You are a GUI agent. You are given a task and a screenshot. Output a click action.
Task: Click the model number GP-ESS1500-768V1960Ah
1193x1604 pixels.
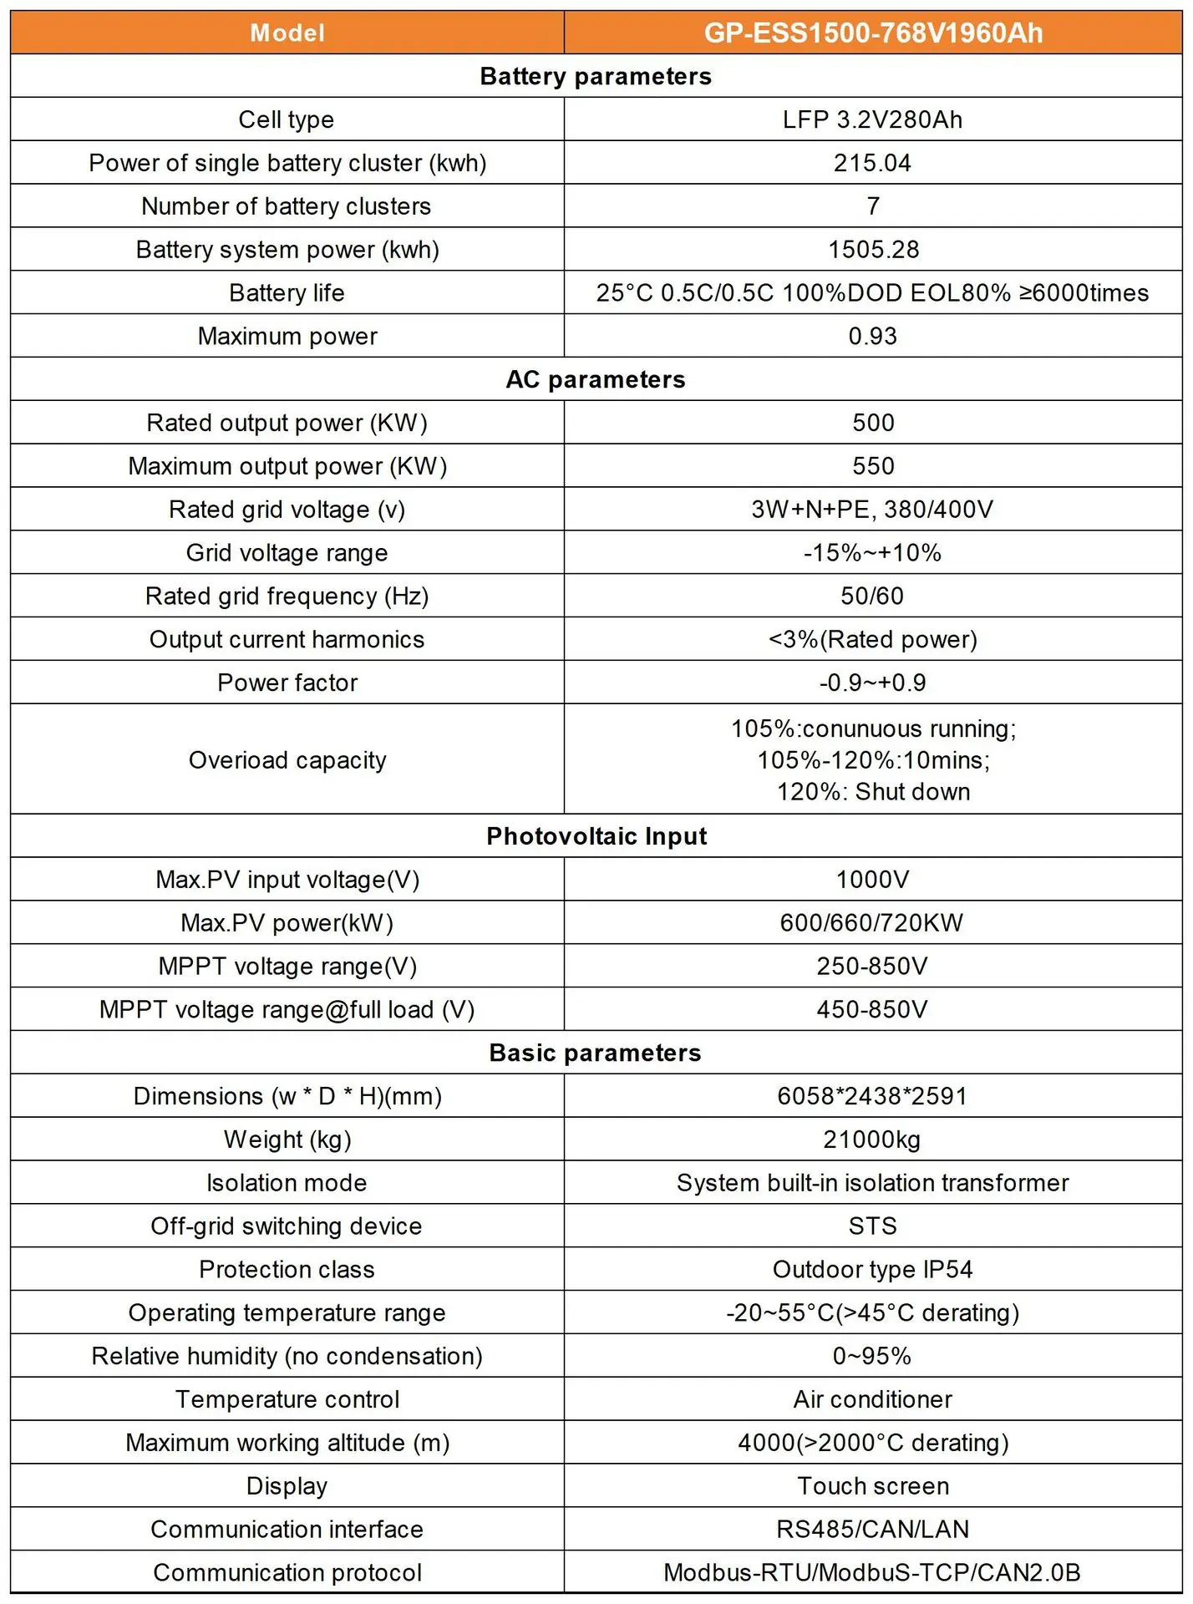click(x=873, y=33)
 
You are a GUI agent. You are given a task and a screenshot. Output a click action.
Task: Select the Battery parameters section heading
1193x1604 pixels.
click(x=596, y=76)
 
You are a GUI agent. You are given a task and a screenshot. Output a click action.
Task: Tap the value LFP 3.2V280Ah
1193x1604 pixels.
click(x=872, y=119)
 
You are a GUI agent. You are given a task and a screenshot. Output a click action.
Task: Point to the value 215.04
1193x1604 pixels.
click(x=872, y=163)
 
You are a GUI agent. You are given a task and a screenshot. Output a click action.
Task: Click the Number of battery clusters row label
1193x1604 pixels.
click(x=286, y=206)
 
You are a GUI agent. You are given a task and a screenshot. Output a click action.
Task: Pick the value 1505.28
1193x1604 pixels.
click(x=873, y=250)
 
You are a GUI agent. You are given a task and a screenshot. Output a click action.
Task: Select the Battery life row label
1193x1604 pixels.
click(x=287, y=293)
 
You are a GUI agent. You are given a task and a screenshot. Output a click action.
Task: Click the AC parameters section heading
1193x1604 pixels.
click(x=596, y=379)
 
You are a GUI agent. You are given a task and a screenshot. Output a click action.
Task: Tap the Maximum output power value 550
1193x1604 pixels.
click(x=873, y=466)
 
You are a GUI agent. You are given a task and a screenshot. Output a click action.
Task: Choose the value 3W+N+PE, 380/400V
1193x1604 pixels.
click(x=872, y=510)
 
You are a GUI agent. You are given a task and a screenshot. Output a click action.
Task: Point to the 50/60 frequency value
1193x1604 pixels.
click(x=872, y=596)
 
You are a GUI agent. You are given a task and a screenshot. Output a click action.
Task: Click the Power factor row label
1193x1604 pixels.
click(x=287, y=683)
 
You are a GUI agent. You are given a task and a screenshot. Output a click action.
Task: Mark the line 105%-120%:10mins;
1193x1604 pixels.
click(x=873, y=760)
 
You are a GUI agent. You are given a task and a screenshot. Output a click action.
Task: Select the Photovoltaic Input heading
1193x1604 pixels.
click(x=596, y=836)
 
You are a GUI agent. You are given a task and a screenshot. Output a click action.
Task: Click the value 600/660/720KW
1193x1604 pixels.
click(x=872, y=923)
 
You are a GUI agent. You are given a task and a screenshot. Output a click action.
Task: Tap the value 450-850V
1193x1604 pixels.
click(x=872, y=1010)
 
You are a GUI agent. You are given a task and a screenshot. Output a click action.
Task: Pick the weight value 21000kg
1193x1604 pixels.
click(x=872, y=1140)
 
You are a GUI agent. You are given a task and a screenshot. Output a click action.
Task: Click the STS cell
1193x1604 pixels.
click(x=872, y=1226)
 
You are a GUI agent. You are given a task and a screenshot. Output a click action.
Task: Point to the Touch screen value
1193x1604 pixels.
click(x=873, y=1486)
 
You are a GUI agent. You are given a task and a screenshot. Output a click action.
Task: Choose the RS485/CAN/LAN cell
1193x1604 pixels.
click(x=872, y=1530)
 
